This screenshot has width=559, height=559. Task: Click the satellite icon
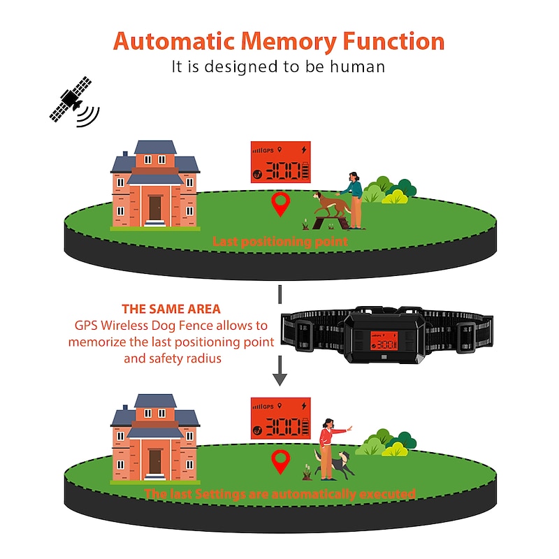click(70, 101)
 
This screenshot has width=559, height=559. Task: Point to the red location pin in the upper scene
click(281, 205)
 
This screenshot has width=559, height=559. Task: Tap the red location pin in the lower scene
click(281, 460)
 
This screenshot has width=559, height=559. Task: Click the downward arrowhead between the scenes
click(279, 379)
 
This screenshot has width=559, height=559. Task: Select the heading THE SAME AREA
click(171, 309)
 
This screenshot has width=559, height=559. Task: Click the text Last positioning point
click(280, 242)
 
